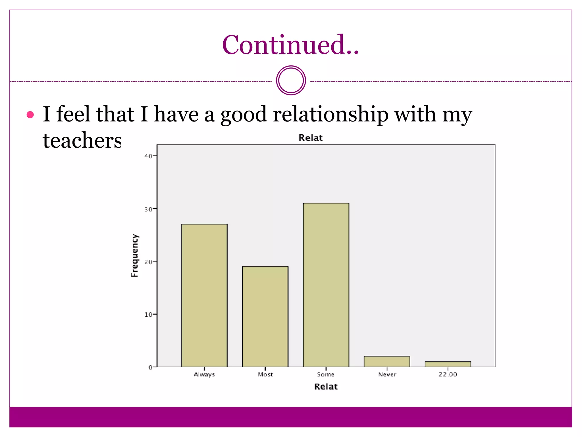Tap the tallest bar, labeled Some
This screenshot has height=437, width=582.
[326, 285]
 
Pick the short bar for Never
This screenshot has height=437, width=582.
[387, 362]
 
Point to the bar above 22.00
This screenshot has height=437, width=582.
[448, 364]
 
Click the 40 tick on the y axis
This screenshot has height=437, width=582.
[148, 156]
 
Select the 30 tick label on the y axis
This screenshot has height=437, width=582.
[148, 209]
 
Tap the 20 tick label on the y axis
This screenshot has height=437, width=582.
[148, 262]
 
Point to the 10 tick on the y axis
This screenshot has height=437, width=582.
[148, 315]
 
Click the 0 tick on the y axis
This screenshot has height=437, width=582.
[150, 367]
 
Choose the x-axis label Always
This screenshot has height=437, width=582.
[204, 374]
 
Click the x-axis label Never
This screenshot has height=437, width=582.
[387, 374]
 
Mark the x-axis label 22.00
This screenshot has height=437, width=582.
[448, 374]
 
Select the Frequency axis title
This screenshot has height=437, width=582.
[134, 255]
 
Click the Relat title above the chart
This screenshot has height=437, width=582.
[310, 138]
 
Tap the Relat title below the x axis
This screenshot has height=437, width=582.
[326, 387]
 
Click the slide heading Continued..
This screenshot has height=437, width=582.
[290, 45]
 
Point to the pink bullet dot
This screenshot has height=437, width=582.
[30, 115]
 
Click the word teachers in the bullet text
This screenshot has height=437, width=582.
[82, 140]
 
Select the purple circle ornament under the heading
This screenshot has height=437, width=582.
[291, 81]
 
